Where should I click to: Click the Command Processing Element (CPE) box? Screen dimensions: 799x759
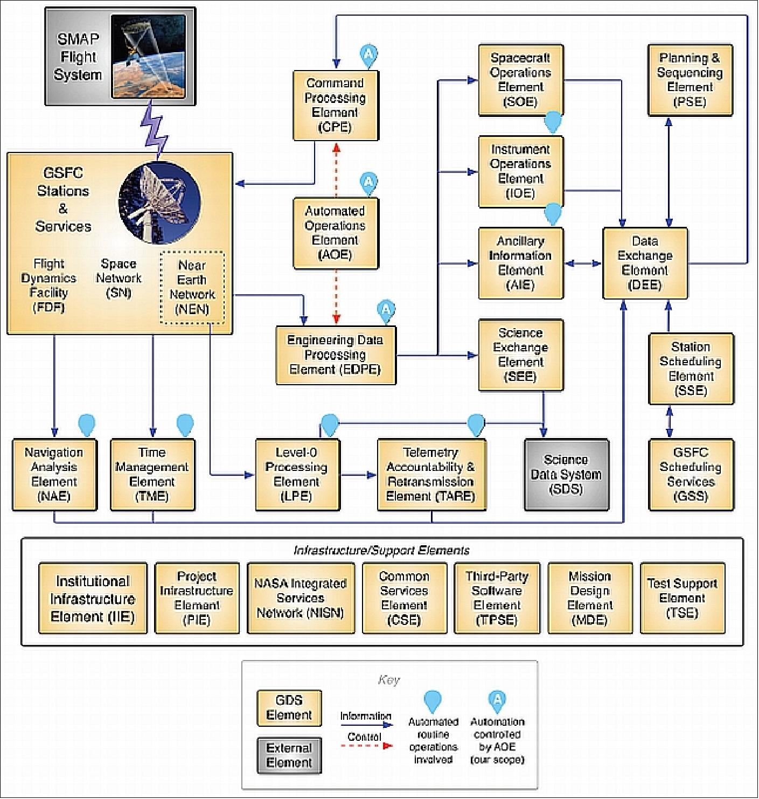point(336,106)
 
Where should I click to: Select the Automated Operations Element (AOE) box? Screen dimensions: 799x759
point(336,233)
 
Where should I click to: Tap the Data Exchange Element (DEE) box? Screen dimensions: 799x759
point(645,263)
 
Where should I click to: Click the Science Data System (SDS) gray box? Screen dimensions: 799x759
point(566,475)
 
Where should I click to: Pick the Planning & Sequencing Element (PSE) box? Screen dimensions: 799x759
point(690,80)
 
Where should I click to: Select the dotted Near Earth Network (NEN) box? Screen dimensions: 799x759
point(192,287)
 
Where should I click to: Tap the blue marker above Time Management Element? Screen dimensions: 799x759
point(185,425)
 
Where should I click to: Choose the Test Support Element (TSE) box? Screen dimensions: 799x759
point(682,598)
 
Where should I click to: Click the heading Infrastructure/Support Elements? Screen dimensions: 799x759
point(381,551)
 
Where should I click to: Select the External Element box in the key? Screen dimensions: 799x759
point(289,755)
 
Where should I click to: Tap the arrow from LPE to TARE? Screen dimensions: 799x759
point(359,475)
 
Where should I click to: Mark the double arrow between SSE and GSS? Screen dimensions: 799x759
point(669,422)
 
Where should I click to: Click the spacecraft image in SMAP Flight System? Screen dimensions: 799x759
point(149,57)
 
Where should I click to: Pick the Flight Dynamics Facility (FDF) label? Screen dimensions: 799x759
point(48,286)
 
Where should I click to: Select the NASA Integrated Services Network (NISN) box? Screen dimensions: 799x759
point(301,598)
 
